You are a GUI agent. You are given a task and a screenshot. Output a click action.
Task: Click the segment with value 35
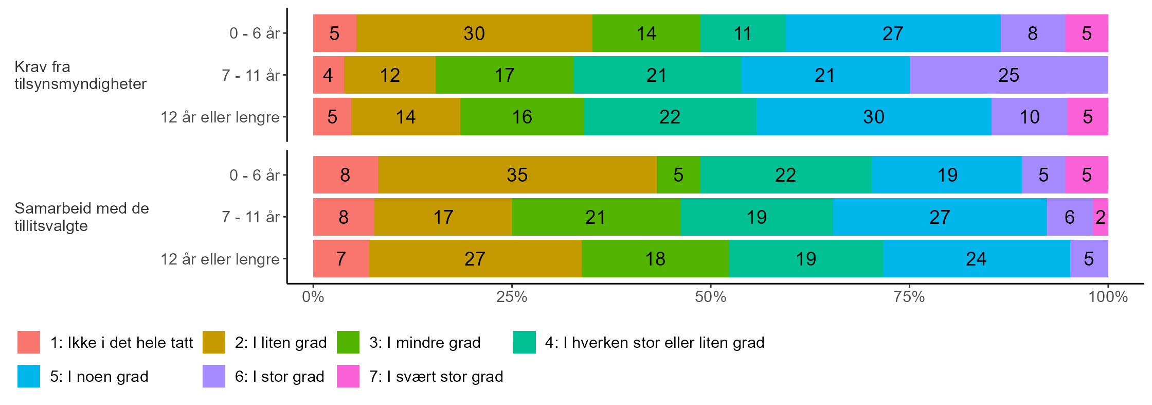517,175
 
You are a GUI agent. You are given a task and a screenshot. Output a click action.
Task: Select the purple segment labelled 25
1009,75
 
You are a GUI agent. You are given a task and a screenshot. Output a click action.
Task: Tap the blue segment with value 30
873,117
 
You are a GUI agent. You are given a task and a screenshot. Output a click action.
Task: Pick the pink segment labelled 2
1101,217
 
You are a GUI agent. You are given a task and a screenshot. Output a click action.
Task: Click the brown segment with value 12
390,75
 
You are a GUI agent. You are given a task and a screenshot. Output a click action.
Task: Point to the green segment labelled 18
655,259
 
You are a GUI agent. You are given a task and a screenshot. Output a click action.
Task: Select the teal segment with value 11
743,33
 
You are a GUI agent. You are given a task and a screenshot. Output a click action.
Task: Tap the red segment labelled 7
341,259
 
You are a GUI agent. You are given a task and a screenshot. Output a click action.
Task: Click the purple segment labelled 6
1070,217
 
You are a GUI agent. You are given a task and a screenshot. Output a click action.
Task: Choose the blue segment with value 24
976,259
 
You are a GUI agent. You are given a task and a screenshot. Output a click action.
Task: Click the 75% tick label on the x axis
909,297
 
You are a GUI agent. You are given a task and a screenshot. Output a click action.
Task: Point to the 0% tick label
313,297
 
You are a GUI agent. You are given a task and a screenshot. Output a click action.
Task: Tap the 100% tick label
1108,297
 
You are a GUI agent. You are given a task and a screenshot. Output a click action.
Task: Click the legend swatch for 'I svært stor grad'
348,376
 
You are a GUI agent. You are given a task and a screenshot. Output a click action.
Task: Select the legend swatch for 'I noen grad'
29,376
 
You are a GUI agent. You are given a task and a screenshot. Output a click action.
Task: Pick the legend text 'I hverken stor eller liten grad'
654,343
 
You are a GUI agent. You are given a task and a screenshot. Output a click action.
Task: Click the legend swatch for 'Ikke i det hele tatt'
29,343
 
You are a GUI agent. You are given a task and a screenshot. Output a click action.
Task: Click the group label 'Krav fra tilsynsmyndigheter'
80,75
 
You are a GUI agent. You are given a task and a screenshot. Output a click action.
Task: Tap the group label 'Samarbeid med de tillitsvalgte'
81,217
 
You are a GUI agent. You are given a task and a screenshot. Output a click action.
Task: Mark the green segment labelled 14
646,33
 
